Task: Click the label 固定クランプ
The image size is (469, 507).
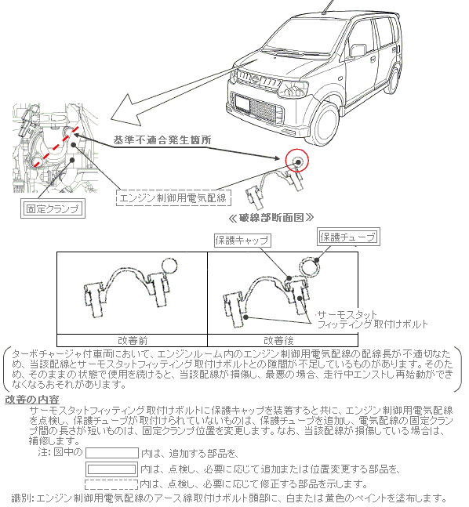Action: pyautogui.click(x=53, y=209)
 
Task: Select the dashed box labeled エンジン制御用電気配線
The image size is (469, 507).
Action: pyautogui.click(x=173, y=198)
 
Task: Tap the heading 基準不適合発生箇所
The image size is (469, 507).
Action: pyautogui.click(x=162, y=140)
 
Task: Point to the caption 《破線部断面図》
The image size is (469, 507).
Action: pyautogui.click(x=271, y=218)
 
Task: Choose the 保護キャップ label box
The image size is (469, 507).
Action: pyautogui.click(x=242, y=241)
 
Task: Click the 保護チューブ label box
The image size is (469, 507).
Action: pyautogui.click(x=348, y=237)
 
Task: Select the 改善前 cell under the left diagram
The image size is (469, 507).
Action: pyautogui.click(x=133, y=340)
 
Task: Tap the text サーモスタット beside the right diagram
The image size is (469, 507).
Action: pyautogui.click(x=347, y=314)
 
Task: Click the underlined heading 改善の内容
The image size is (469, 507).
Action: pyautogui.click(x=31, y=400)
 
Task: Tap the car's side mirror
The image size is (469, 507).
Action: pyautogui.click(x=358, y=50)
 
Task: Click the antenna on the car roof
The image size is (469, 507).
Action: pyautogui.click(x=328, y=6)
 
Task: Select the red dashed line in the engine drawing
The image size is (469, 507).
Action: pyautogui.click(x=56, y=147)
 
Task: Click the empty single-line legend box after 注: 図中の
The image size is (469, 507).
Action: pyautogui.click(x=112, y=453)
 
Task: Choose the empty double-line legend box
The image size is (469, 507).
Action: pyautogui.click(x=111, y=469)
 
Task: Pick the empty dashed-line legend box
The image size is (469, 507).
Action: pyautogui.click(x=111, y=484)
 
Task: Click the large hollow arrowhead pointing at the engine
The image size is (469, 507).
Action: pyautogui.click(x=126, y=110)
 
